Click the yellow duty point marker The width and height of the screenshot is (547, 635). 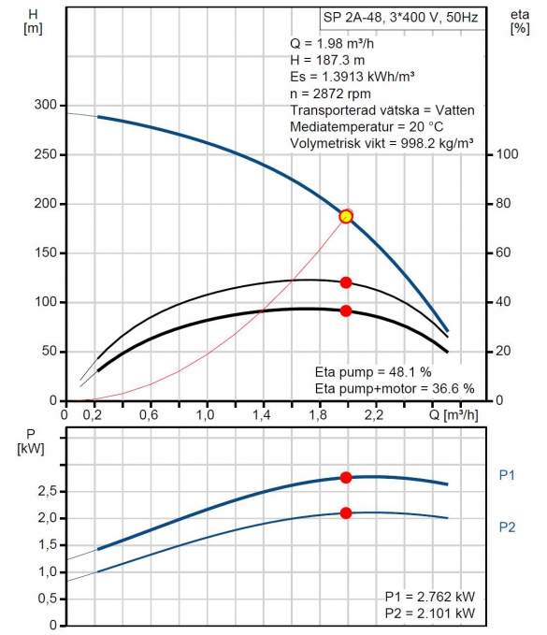pos(346,216)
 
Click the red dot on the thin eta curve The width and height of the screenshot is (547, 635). pos(346,282)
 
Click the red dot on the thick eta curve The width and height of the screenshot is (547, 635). pos(346,310)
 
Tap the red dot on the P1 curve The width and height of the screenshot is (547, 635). pos(346,478)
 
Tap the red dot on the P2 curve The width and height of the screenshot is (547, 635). pos(346,513)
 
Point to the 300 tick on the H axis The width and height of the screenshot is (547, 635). pos(45,105)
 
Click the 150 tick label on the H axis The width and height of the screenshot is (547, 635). pos(45,253)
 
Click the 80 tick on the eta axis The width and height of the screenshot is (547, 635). pos(503,203)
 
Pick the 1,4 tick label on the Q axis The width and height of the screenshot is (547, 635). pos(262,415)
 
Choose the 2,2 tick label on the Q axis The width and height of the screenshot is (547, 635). pos(374,415)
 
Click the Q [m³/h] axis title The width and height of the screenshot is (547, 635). pos(453,415)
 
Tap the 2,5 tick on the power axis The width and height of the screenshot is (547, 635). pos(47,491)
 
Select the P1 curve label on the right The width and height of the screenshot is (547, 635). pos(507,475)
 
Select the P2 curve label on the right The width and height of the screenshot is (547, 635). pos(507,527)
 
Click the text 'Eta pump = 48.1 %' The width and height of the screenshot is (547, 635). pos(373,372)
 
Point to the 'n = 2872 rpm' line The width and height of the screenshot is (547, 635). pos(330,94)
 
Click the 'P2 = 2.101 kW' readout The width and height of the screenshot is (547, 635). pos(430,613)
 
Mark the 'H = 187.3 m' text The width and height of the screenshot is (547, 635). pos(327,61)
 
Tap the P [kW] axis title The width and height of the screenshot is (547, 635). pos(31,441)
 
